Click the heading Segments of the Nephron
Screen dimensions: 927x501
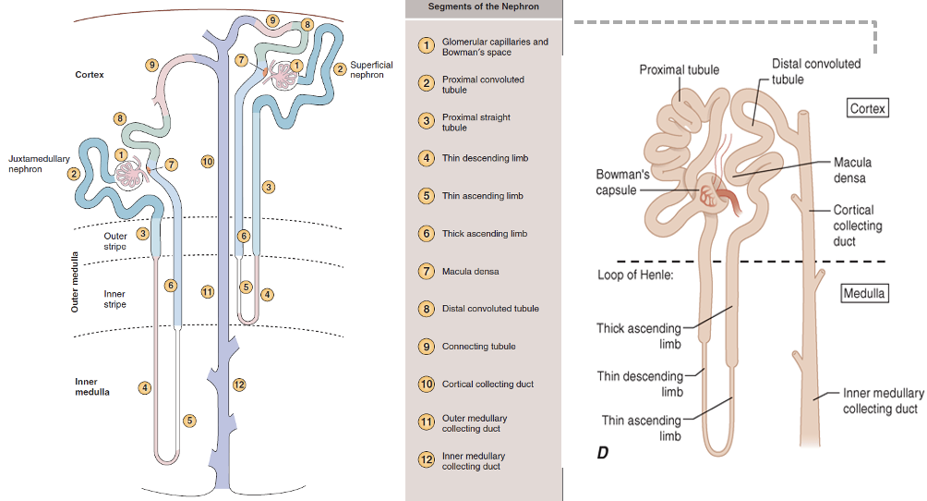click(x=483, y=6)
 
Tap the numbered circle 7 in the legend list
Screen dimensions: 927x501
click(x=427, y=271)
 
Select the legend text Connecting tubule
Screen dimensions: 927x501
click(x=479, y=347)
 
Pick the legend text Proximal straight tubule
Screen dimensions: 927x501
click(x=476, y=123)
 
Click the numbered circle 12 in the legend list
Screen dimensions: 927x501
click(x=427, y=459)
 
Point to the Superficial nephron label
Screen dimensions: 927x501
click(x=371, y=70)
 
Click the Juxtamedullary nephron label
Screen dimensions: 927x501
click(x=39, y=164)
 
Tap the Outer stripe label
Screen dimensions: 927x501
click(x=115, y=241)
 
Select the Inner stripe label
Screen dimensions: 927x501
click(x=114, y=299)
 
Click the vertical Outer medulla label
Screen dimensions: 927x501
click(x=75, y=282)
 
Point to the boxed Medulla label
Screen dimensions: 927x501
click(x=864, y=293)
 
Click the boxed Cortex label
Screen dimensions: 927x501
click(x=867, y=108)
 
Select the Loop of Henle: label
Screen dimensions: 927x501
click(x=635, y=275)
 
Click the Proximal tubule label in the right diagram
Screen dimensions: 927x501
click(x=680, y=70)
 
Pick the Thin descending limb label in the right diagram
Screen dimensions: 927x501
click(x=640, y=384)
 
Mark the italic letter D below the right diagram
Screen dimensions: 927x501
click(x=602, y=453)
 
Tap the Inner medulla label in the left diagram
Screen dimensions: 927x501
click(x=91, y=386)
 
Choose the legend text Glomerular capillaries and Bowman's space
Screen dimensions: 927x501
click(x=495, y=47)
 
